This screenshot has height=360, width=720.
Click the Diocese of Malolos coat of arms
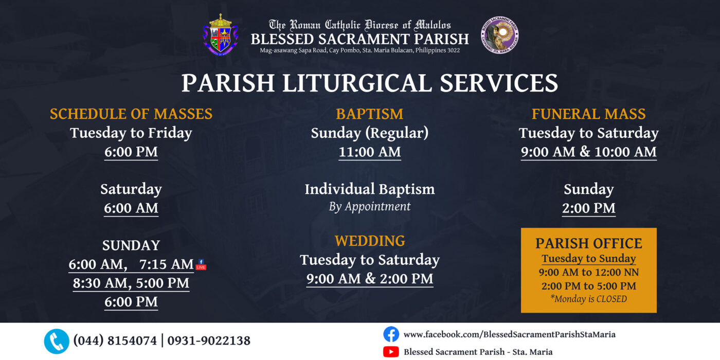(220, 35)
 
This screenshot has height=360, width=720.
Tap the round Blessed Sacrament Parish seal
(499, 35)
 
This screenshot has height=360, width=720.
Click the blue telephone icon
(57, 341)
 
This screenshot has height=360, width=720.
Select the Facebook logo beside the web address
(391, 334)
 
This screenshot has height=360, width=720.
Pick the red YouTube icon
(391, 352)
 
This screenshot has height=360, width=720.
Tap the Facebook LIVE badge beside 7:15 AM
(201, 264)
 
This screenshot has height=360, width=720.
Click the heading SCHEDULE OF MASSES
(131, 114)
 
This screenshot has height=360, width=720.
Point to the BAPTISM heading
(370, 114)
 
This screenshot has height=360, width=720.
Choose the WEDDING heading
(370, 241)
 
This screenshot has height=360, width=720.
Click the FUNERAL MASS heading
(588, 114)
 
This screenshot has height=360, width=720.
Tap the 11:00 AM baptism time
(370, 152)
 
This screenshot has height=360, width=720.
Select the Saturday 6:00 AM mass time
(131, 208)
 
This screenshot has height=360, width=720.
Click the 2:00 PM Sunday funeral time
(588, 208)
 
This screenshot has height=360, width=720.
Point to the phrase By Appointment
(370, 206)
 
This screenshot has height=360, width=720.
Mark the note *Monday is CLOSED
(588, 299)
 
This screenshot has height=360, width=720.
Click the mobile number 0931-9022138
(209, 340)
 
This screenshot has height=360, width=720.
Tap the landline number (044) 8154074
(115, 340)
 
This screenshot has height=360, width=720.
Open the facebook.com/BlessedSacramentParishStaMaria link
(510, 335)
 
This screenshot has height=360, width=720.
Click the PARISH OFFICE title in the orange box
(588, 243)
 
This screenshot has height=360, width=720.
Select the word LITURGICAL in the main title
(357, 83)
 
